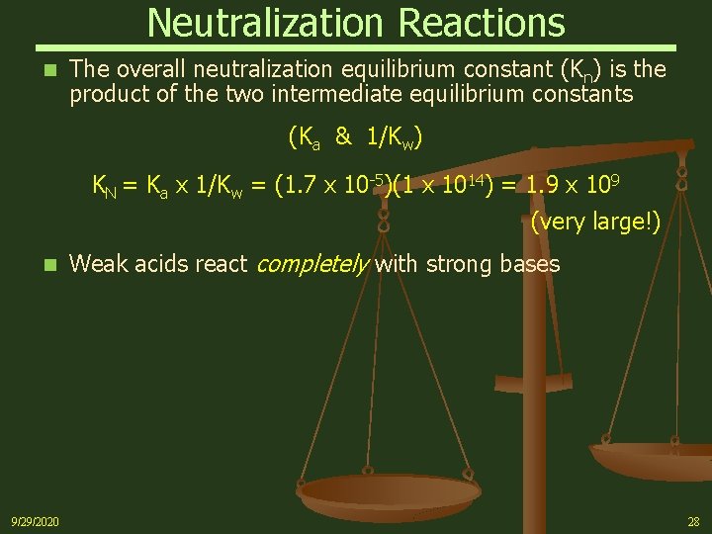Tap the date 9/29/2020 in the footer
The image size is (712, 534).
tap(35, 521)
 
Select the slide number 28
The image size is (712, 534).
tap(692, 521)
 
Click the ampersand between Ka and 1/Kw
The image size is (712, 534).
tap(343, 137)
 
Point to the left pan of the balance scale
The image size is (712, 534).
tap(389, 489)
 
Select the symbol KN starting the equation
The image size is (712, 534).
tap(104, 185)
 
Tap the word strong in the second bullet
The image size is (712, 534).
tap(455, 264)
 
